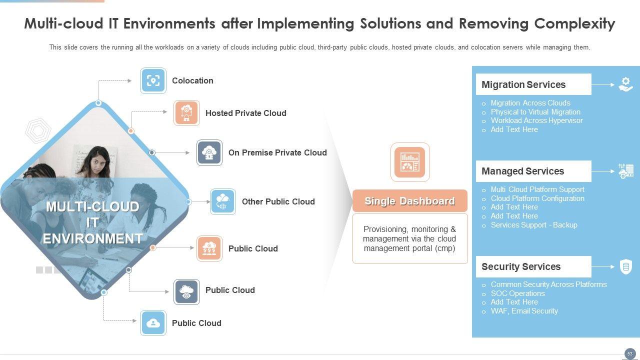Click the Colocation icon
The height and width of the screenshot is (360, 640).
[153, 80]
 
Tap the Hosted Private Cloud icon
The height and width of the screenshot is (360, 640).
[186, 113]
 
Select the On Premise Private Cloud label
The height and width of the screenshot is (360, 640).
[277, 152]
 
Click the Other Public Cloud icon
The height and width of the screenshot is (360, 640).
[223, 201]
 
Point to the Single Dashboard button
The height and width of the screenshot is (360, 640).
[410, 201]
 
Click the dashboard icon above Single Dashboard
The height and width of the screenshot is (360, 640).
[410, 162]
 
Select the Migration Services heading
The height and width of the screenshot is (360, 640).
[523, 84]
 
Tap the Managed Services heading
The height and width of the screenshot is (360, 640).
[522, 171]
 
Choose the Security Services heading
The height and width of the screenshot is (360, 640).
[521, 266]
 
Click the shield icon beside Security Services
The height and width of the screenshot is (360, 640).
[625, 266]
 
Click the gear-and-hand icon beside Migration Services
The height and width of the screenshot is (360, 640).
[625, 84]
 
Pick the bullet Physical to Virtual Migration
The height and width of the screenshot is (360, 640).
[535, 112]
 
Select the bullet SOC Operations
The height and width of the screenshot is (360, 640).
[517, 293]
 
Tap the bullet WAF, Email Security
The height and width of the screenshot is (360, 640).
[524, 311]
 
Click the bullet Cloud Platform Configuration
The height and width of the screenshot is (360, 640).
[537, 198]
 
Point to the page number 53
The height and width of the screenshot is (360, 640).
[630, 353]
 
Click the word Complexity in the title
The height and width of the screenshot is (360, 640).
[574, 23]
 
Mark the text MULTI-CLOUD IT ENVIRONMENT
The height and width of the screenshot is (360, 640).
[92, 222]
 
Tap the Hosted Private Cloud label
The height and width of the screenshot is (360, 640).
[246, 113]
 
